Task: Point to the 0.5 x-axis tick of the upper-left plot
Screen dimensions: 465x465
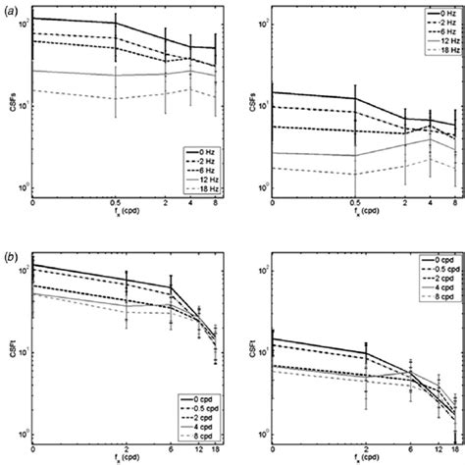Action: pyautogui.click(x=116, y=204)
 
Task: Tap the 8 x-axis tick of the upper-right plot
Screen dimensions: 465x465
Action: pyautogui.click(x=455, y=204)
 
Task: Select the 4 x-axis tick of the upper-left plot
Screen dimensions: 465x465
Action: pyautogui.click(x=191, y=204)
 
